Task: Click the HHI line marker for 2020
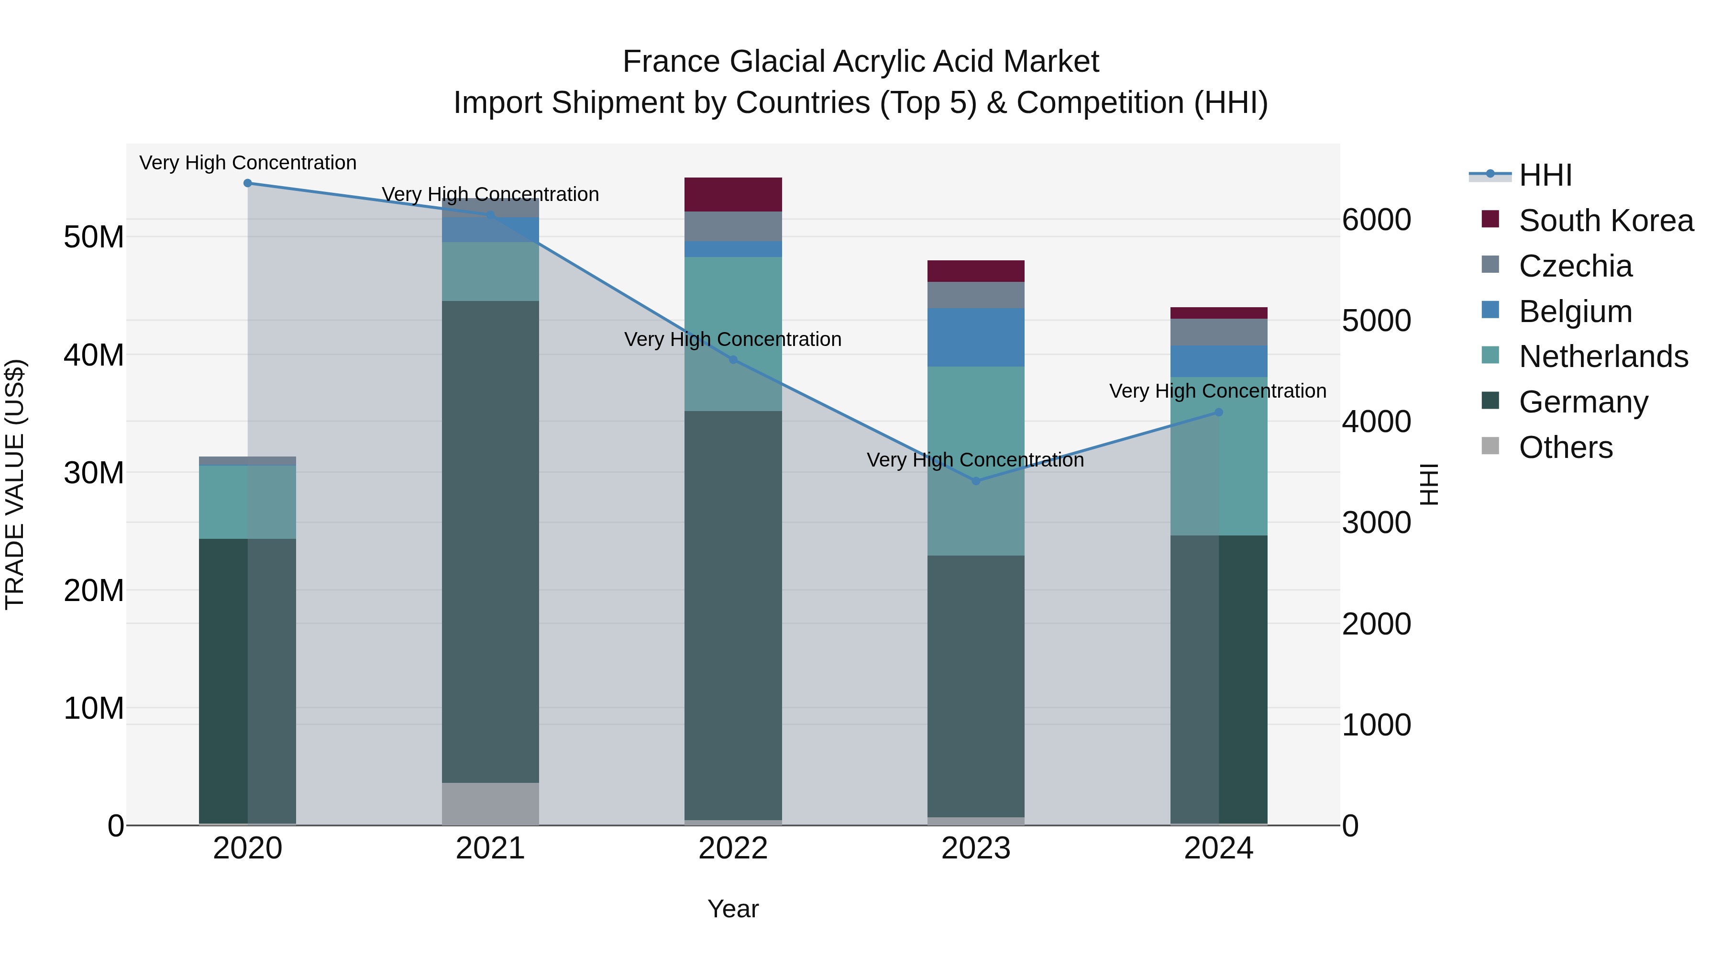[247, 183]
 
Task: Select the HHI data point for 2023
[975, 481]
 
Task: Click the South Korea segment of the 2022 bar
[733, 195]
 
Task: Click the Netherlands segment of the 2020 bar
[247, 501]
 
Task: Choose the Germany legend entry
[1583, 402]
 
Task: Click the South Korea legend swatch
[1490, 219]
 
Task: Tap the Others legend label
[1566, 447]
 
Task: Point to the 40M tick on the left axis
[94, 355]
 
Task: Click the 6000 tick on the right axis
[1376, 220]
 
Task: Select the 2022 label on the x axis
[733, 848]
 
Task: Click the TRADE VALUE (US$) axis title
[15, 484]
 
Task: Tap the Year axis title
[733, 909]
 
